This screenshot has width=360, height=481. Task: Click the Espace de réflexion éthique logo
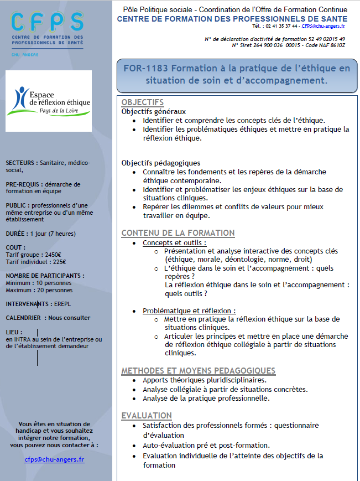(x=49, y=100)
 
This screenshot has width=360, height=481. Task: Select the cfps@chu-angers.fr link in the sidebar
(x=54, y=459)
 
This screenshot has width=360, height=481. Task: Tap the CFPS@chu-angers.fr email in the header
(x=323, y=26)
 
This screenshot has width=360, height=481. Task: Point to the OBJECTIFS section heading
(x=143, y=102)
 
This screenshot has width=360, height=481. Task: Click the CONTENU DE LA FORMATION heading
(x=178, y=233)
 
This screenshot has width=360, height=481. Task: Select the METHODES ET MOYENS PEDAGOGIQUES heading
(x=198, y=370)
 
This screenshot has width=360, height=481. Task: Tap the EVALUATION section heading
(x=147, y=416)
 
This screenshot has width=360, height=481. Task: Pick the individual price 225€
(x=59, y=262)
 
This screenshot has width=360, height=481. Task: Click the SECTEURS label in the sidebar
(x=22, y=163)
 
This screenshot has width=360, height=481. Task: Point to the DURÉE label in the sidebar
(x=17, y=233)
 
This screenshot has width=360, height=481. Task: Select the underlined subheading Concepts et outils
(x=174, y=242)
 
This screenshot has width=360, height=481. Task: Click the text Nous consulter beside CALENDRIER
(x=69, y=318)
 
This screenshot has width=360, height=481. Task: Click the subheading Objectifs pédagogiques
(x=160, y=163)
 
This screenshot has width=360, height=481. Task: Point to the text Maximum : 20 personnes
(x=39, y=289)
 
